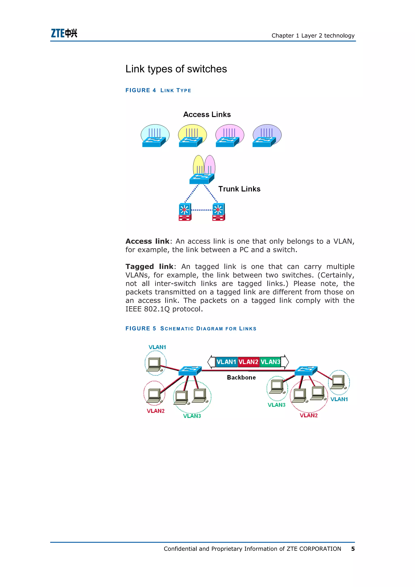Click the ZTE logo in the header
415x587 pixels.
click(64, 33)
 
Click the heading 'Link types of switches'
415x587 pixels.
click(176, 69)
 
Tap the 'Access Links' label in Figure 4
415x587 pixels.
click(207, 114)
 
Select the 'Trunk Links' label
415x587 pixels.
click(239, 189)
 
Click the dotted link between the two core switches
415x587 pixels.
click(202, 210)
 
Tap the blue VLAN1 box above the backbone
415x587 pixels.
click(226, 362)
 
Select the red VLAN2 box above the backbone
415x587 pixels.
click(248, 362)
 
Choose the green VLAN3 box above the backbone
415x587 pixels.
click(270, 362)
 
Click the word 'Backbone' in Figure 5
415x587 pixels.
click(241, 377)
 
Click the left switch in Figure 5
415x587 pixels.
click(190, 371)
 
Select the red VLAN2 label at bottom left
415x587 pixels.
click(156, 411)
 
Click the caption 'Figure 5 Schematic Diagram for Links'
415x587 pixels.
click(191, 329)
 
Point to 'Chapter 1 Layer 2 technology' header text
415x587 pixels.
click(313, 35)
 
